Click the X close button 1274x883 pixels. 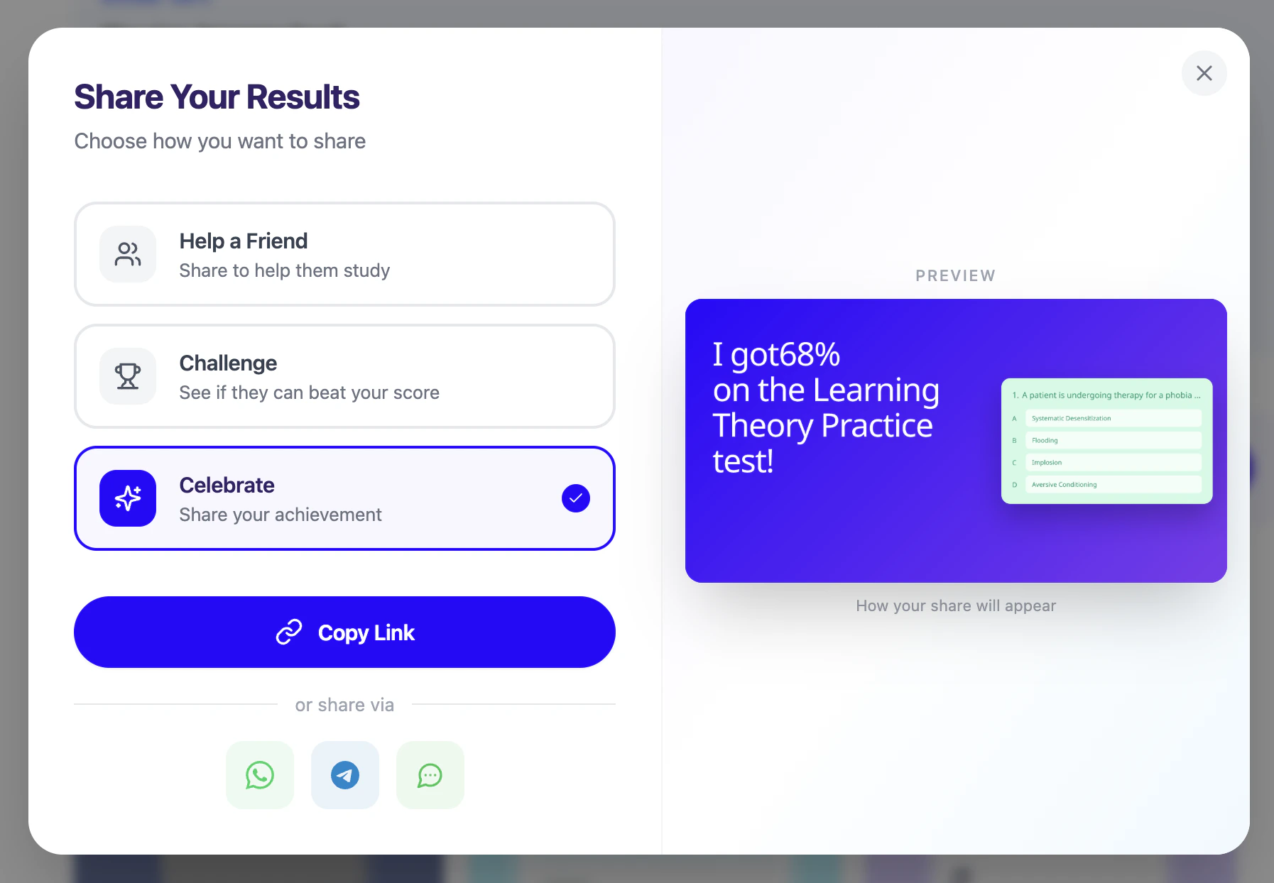pos(1204,73)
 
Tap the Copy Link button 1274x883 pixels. pos(344,632)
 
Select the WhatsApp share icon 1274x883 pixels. pos(260,775)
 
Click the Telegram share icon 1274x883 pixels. pos(345,775)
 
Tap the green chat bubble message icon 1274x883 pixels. pos(430,775)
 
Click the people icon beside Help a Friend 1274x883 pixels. pos(128,254)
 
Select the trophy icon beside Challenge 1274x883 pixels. pos(128,376)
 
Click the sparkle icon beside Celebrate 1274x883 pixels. pos(128,498)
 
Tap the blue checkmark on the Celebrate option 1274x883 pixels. pos(576,498)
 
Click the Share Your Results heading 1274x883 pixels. pos(217,97)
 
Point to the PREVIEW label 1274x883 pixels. pos(955,275)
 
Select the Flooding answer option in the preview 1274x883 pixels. pos(1114,440)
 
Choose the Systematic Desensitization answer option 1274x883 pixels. pos(1114,418)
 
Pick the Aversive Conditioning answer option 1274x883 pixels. pos(1114,484)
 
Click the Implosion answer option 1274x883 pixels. pos(1114,462)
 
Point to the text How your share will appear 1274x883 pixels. pos(956,605)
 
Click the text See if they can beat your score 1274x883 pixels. pos(309,393)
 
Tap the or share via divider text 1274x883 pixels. pos(344,705)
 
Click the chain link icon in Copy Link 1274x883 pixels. pos(289,632)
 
